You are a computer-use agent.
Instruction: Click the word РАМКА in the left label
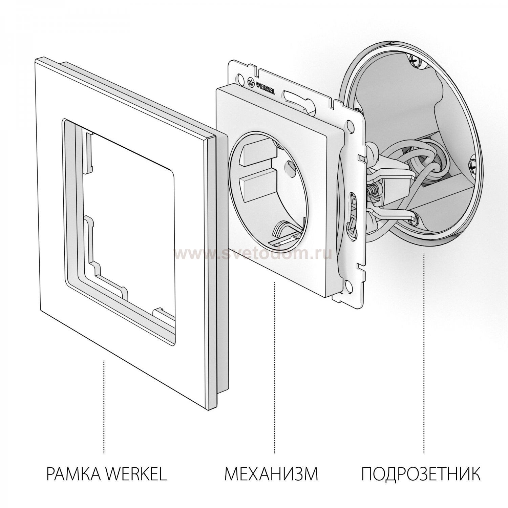tap(73, 474)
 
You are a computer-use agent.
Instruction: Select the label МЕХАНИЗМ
tap(271, 474)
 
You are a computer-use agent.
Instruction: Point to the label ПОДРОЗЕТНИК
tap(420, 474)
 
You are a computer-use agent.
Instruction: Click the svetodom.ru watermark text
tap(252, 253)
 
